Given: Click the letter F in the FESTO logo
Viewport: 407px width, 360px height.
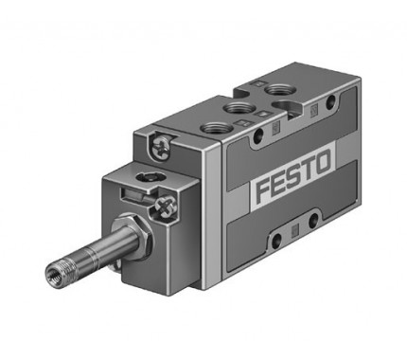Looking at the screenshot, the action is coord(263,191).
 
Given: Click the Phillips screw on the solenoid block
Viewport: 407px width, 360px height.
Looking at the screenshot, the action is coord(164,207).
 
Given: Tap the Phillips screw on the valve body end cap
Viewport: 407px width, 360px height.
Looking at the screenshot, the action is coord(160,147).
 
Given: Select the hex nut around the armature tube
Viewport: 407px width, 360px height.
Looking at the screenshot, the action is coord(132,230).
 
